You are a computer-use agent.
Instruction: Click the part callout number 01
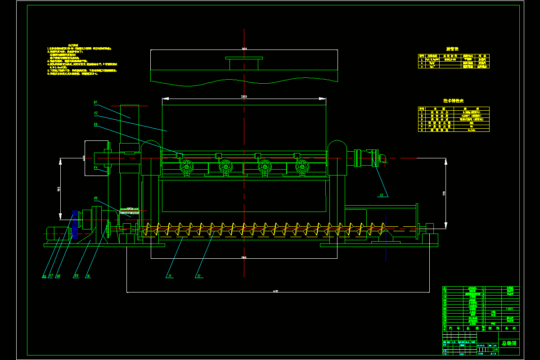click(96, 102)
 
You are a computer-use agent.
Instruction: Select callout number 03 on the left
click(96, 124)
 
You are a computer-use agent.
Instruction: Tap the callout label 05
click(96, 198)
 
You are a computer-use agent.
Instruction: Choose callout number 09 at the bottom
click(76, 276)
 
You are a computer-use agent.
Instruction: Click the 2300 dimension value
click(243, 97)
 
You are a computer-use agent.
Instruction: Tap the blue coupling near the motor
click(75, 224)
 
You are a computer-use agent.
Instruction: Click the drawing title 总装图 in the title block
click(508, 343)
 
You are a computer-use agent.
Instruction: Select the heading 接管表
click(452, 49)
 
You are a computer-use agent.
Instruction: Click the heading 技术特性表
click(454, 101)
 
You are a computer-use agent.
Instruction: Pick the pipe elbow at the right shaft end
click(382, 158)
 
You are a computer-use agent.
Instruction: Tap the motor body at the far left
click(55, 233)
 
